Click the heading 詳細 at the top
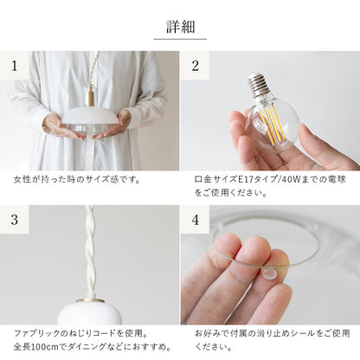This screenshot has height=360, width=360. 180,27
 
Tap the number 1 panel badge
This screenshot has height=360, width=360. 14,66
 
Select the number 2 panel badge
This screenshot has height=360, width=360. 195,66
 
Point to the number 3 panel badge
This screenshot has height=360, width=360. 14,220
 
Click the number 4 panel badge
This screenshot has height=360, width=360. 195,220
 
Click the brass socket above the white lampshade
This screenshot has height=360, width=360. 91,94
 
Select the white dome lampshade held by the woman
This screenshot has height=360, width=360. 91,117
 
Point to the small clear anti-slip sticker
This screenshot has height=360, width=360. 270,274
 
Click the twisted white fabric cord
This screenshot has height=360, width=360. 91,251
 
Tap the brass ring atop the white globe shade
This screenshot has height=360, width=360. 91,300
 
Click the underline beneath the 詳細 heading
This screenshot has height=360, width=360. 180,39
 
